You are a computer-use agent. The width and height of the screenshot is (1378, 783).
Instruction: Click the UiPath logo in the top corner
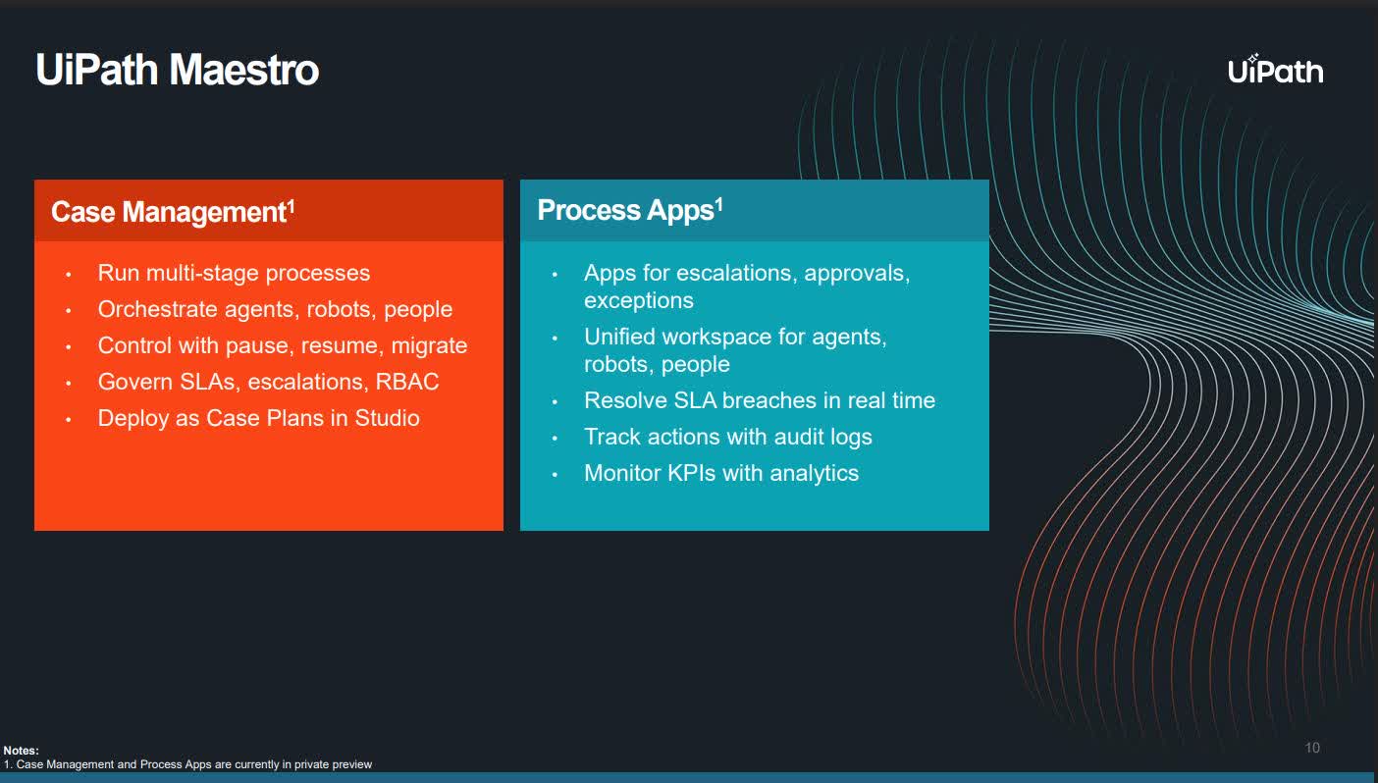pyautogui.click(x=1275, y=70)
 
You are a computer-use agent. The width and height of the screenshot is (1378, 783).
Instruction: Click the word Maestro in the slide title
pyautogui.click(x=243, y=71)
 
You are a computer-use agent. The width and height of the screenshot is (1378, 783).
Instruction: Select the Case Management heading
pyautogui.click(x=167, y=212)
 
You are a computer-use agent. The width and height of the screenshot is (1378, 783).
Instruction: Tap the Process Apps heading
pyautogui.click(x=624, y=210)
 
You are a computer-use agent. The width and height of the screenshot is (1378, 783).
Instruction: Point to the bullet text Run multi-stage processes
pyautogui.click(x=234, y=273)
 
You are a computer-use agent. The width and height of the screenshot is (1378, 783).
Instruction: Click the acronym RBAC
pyautogui.click(x=407, y=382)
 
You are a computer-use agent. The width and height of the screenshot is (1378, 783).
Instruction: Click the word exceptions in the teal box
pyautogui.click(x=639, y=300)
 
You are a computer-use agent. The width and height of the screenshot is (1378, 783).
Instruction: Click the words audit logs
pyautogui.click(x=825, y=437)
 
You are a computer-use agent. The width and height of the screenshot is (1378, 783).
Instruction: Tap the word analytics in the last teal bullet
pyautogui.click(x=814, y=473)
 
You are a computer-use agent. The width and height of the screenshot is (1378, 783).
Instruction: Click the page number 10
pyautogui.click(x=1312, y=748)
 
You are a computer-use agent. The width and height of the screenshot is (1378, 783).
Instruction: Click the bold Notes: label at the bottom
pyautogui.click(x=21, y=751)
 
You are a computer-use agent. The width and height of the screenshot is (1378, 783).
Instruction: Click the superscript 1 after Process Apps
pyautogui.click(x=718, y=204)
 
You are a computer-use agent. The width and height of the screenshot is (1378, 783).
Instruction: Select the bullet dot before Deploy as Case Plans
pyautogui.click(x=69, y=419)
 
